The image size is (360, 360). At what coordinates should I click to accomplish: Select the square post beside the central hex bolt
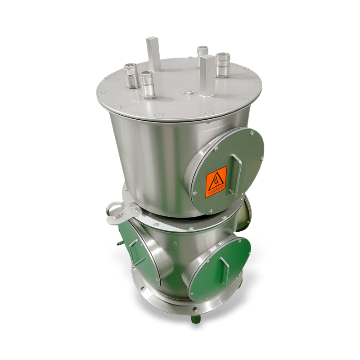207,76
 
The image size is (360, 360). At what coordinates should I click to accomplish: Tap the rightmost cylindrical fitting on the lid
222,65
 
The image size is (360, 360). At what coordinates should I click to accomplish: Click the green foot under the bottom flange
195,319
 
